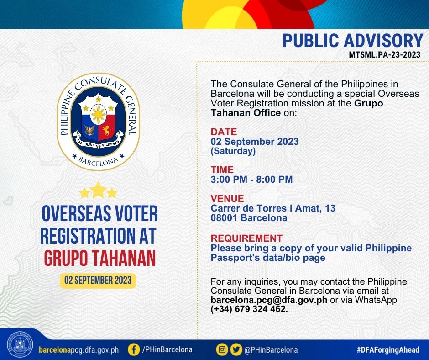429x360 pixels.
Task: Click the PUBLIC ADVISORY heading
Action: pos(353,41)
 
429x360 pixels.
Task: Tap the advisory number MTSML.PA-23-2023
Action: pos(384,54)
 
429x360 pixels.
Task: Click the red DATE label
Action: pos(224,132)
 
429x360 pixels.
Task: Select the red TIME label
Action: pos(222,169)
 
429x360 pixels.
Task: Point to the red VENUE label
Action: pos(227,198)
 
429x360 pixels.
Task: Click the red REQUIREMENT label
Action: pos(246,238)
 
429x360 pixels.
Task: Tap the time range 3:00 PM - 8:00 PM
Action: pos(252,180)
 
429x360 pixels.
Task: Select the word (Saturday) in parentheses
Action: pos(233,151)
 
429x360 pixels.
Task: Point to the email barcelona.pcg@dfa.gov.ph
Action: pos(269,300)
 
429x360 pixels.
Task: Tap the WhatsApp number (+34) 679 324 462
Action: pos(249,309)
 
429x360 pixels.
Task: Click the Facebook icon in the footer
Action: pos(134,349)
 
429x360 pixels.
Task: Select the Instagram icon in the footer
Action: pos(222,349)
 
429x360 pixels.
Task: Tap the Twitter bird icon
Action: pos(236,349)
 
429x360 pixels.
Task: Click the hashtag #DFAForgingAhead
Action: pos(388,349)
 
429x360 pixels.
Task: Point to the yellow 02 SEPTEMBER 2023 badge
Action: pos(98,280)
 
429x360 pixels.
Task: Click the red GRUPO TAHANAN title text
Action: pos(100,258)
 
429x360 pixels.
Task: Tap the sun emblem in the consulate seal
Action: pos(98,114)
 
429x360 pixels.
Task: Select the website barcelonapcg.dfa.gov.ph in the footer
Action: pos(79,350)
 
